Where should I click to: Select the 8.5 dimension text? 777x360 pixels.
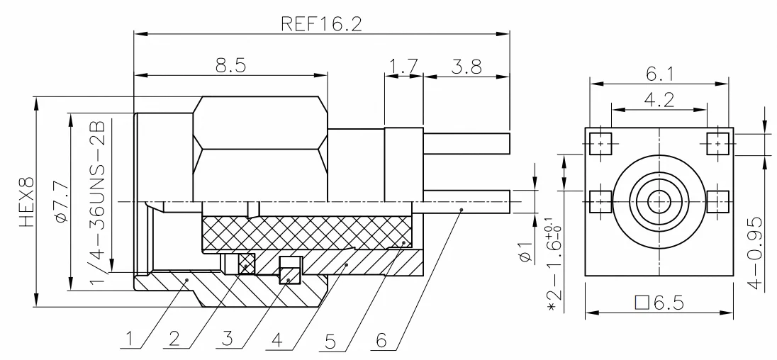click(231, 65)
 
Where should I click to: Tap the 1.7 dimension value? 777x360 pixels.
click(403, 66)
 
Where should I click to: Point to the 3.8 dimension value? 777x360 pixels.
click(466, 66)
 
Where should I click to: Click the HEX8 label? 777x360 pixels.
click(27, 202)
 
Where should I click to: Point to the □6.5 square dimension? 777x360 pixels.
click(659, 302)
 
